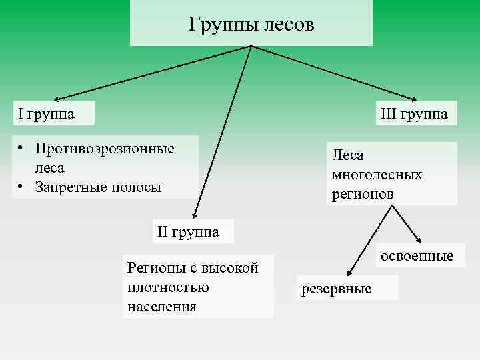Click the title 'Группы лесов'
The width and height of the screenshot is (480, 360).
251,25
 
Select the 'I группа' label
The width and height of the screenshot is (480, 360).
47,114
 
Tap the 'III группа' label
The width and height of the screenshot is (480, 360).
414,114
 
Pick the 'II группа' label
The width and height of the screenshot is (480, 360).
189,232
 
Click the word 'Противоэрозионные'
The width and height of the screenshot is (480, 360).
105,147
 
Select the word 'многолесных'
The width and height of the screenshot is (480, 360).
377,175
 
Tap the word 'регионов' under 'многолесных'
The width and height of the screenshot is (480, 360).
362,194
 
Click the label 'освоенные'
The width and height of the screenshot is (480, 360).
417,256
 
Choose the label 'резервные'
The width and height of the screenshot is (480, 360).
337,289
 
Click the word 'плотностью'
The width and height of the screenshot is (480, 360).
167,287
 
